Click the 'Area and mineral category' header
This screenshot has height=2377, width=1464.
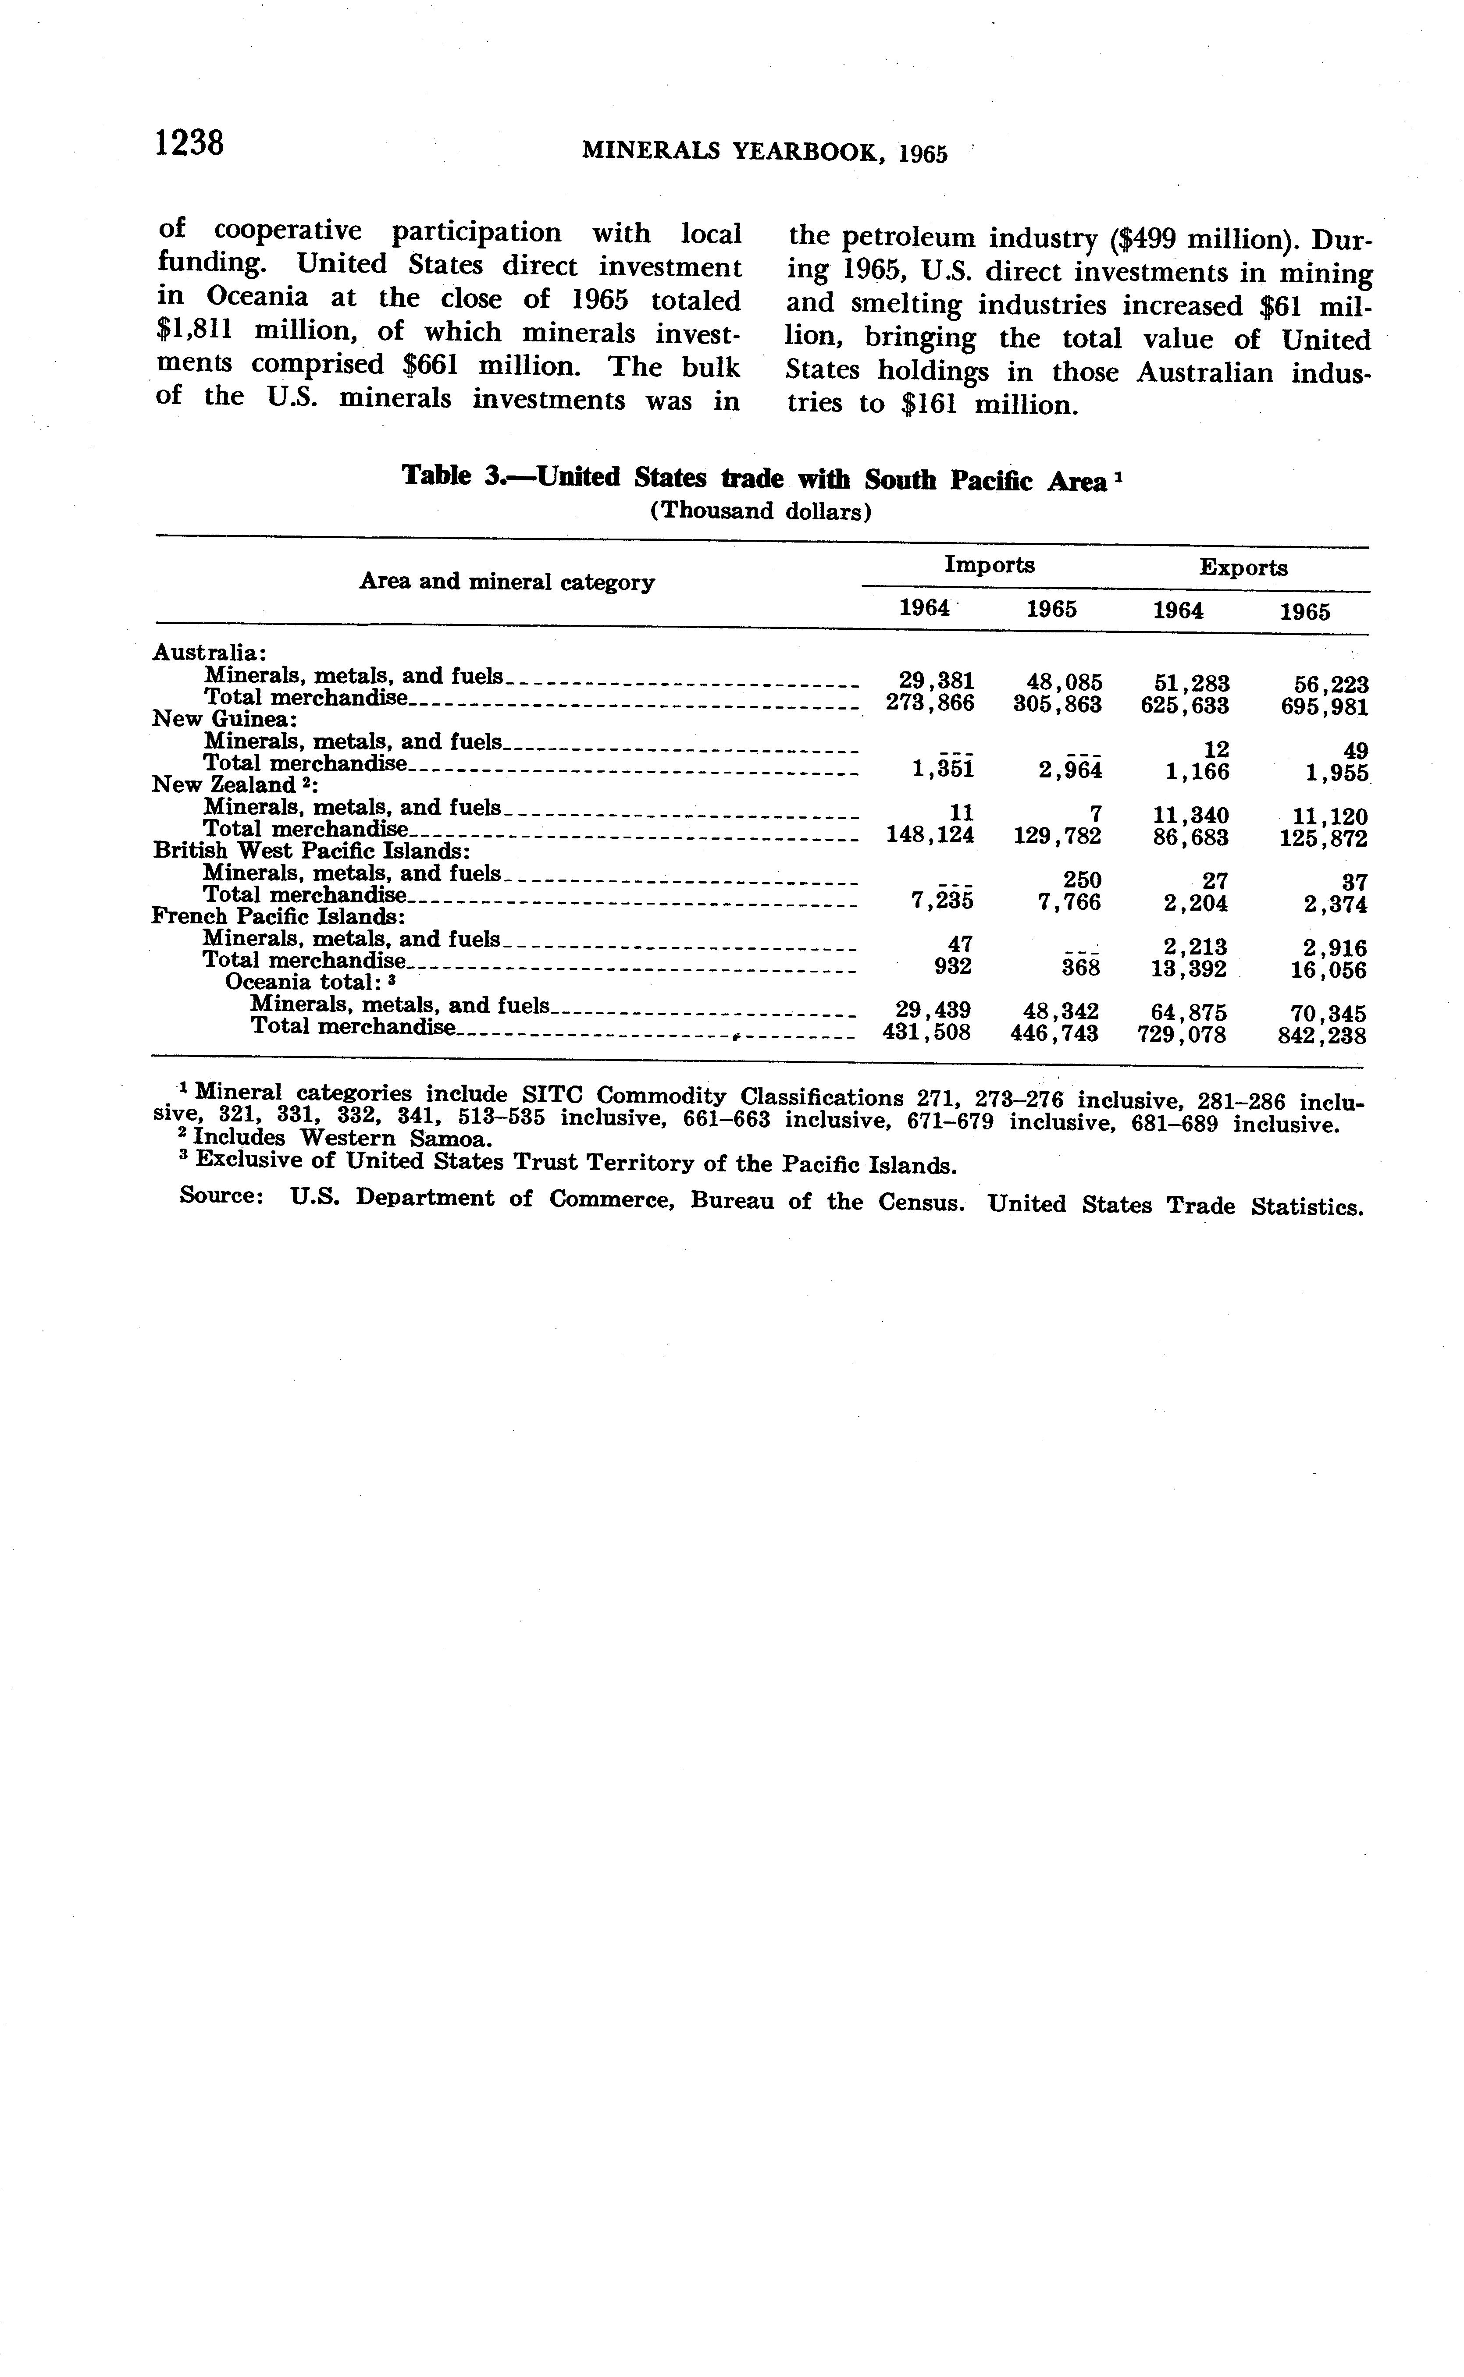[506, 582]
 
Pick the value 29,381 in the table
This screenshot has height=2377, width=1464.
[930, 681]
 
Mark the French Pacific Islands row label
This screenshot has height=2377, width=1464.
[278, 915]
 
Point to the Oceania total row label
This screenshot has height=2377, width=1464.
[302, 983]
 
